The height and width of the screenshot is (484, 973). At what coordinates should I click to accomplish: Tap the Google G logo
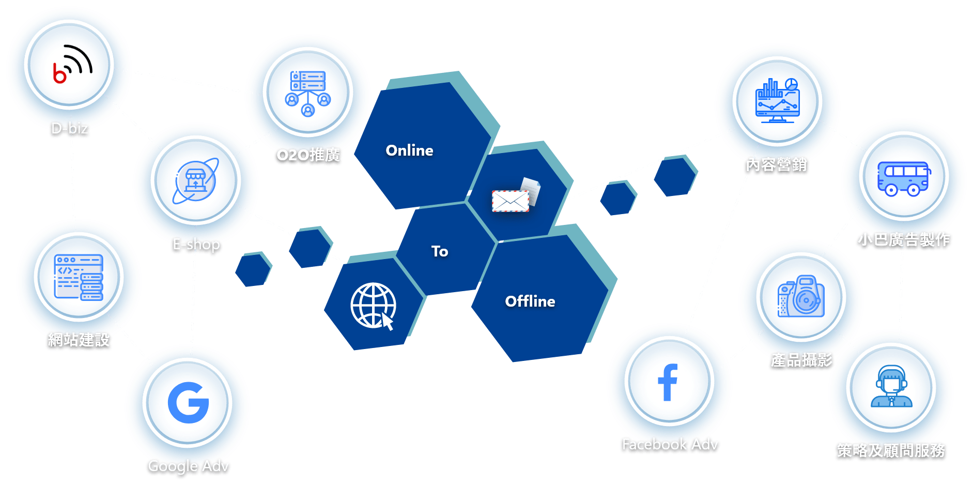(x=188, y=403)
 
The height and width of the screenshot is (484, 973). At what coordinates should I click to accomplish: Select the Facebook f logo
(x=668, y=382)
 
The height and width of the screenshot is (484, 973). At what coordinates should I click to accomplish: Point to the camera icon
(x=801, y=296)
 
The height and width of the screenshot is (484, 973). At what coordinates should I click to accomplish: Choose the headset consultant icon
(x=891, y=387)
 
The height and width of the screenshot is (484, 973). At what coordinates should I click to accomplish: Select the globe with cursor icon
(x=373, y=306)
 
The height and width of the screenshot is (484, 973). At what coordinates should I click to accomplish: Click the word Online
(x=409, y=150)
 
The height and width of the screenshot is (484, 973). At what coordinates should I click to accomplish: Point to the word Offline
(x=530, y=301)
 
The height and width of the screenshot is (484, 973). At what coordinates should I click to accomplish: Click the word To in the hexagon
(x=440, y=251)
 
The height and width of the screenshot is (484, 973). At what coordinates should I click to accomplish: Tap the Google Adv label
(x=188, y=466)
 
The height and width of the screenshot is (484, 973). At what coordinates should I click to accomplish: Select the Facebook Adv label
(x=670, y=444)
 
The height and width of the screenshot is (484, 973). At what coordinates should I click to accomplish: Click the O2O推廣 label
(x=308, y=155)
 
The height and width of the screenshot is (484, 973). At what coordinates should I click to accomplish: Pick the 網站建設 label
(x=79, y=340)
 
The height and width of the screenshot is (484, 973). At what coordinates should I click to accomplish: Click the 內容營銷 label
(x=776, y=164)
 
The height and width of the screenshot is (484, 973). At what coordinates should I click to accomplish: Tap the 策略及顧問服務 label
(x=891, y=450)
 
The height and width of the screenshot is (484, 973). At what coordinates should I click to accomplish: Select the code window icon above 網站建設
(x=79, y=277)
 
